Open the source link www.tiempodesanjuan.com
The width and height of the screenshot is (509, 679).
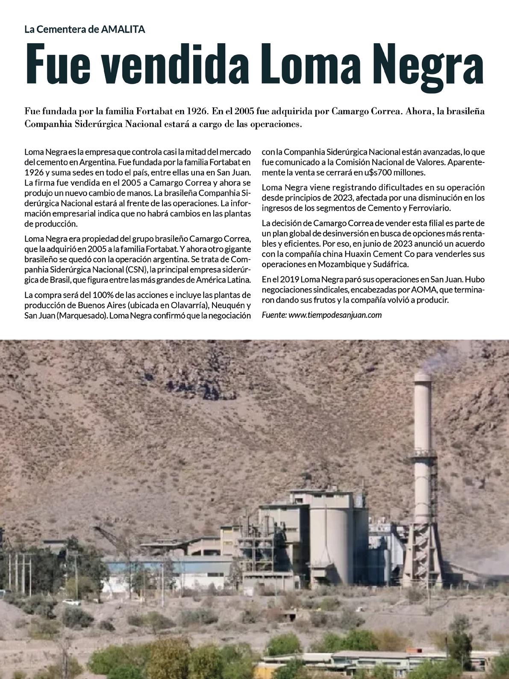coord(335,315)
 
